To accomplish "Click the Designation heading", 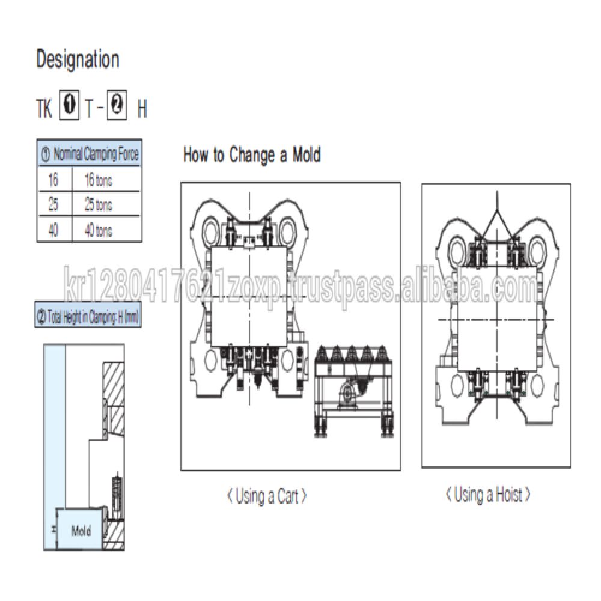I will pyautogui.click(x=78, y=59).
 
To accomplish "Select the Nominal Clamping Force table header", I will pyautogui.click(x=89, y=155).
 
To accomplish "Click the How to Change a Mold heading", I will pyautogui.click(x=252, y=155).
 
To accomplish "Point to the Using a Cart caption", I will pyautogui.click(x=266, y=496).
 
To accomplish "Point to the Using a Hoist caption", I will pyautogui.click(x=488, y=495).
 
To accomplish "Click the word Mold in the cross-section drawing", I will pyautogui.click(x=81, y=531).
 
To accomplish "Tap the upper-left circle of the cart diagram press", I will pyautogui.click(x=212, y=230).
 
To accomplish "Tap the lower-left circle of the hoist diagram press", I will pyautogui.click(x=455, y=382).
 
